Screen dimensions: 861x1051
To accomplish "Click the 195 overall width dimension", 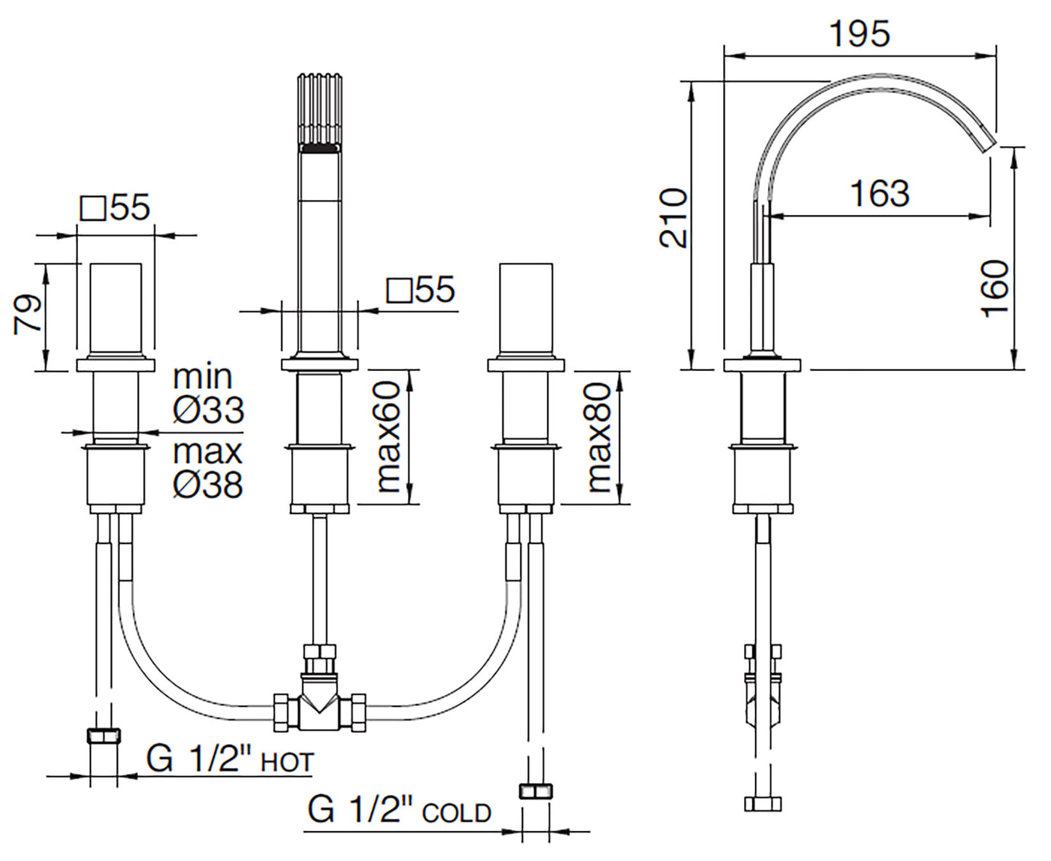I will [859, 34].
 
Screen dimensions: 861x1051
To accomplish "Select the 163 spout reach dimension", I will [879, 194].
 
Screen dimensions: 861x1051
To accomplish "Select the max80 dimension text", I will [599, 438].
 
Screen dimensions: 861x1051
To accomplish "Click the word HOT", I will [287, 763].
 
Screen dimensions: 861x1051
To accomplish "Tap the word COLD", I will [456, 813].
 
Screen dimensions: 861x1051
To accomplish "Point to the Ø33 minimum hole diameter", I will [208, 410].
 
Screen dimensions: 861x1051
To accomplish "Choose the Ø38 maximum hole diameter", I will [208, 484].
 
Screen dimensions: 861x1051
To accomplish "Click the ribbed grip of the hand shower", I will [319, 109].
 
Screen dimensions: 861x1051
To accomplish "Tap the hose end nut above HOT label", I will [103, 736].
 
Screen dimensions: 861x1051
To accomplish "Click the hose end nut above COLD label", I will [537, 791].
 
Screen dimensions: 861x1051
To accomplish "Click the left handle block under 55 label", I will [116, 310].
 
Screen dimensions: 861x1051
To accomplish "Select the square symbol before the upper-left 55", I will [92, 209].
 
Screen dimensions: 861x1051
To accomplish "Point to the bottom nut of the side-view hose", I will [763, 804].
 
